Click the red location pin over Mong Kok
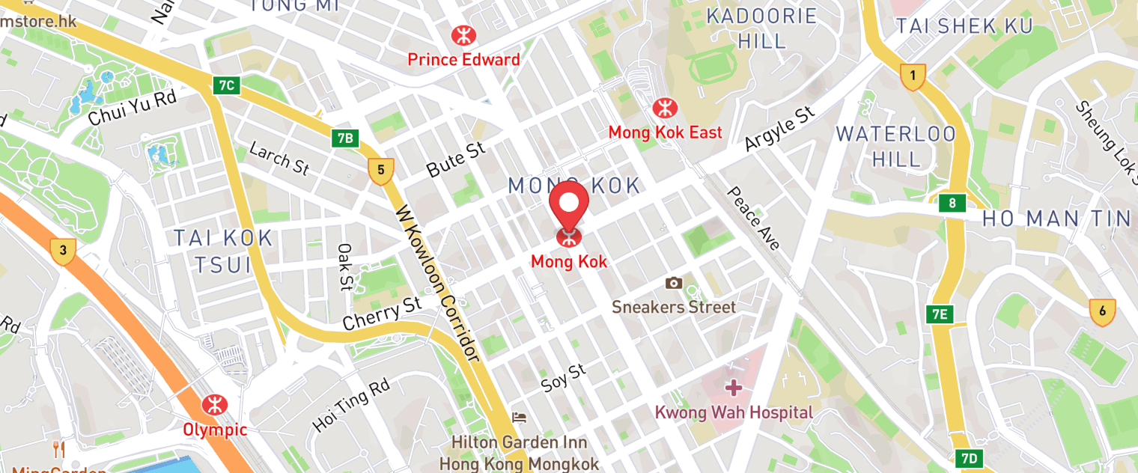coord(569,204)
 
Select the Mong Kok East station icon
coord(664,108)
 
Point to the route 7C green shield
coord(227,85)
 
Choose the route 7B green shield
coord(344,138)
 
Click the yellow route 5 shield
coord(380,171)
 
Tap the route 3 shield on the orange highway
coord(63,251)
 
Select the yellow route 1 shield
coord(913,76)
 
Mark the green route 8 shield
coord(952,203)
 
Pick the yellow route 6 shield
coord(1102,312)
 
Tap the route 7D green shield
coord(968,458)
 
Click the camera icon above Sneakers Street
coord(674,283)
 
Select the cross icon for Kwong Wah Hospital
coord(734,388)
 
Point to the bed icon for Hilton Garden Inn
coord(519,417)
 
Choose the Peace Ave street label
coord(753,218)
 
